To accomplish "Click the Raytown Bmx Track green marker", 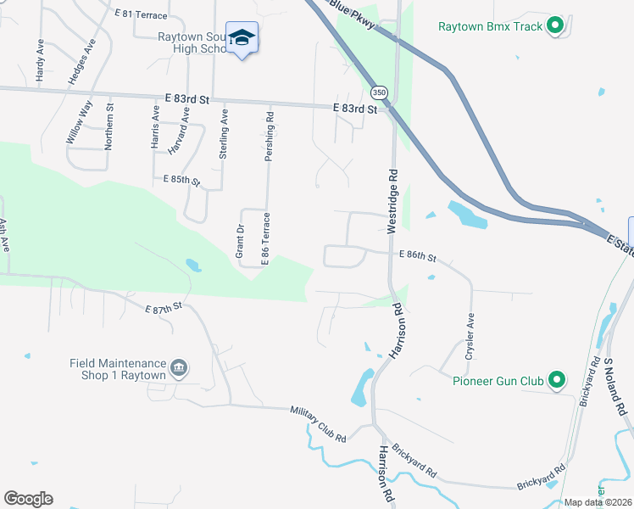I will pos(556,26).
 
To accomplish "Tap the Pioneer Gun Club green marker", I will pos(556,381).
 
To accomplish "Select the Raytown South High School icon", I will pos(242,38).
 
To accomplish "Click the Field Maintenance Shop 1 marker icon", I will pos(180,368).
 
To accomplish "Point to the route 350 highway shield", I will pos(379,92).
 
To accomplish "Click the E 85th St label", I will pos(181,181).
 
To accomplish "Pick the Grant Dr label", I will pos(240,242).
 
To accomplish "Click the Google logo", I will pos(28,499).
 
